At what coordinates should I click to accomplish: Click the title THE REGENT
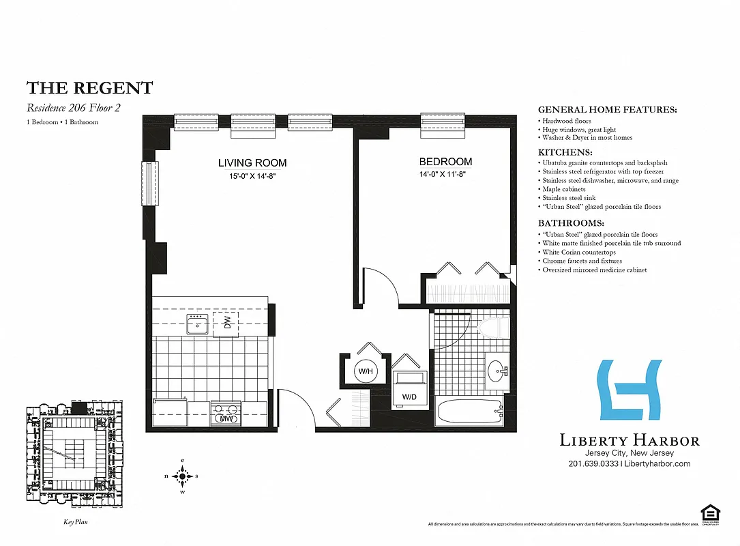pyautogui.click(x=89, y=88)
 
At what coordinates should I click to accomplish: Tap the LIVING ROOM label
pyautogui.click(x=252, y=163)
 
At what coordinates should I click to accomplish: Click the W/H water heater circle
pyautogui.click(x=365, y=372)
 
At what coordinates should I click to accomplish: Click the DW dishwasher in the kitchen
pyautogui.click(x=226, y=323)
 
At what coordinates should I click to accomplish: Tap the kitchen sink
pyautogui.click(x=198, y=326)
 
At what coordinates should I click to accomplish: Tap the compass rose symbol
pyautogui.click(x=182, y=476)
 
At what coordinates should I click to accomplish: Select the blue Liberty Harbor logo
pyautogui.click(x=630, y=390)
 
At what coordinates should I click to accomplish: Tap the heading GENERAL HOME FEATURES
pyautogui.click(x=607, y=110)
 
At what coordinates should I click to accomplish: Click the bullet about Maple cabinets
pyautogui.click(x=564, y=190)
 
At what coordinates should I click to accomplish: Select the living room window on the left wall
pyautogui.click(x=149, y=183)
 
